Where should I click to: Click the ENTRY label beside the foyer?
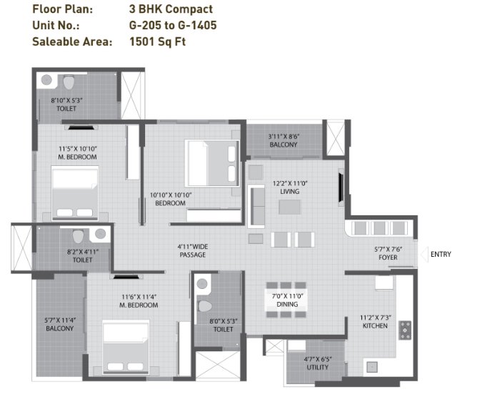441,254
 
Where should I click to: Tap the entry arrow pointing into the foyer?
424,255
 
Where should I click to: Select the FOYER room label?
388,258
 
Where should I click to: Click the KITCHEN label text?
375,326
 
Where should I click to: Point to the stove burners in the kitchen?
405,330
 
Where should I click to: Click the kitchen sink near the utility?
372,367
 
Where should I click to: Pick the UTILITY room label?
318,367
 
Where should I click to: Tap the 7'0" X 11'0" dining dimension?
287,296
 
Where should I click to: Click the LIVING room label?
290,192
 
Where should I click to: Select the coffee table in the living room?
290,207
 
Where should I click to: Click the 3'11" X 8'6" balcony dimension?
284,137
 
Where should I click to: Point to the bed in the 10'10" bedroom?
212,163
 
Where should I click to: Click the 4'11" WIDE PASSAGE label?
193,250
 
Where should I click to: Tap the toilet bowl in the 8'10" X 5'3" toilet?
69,82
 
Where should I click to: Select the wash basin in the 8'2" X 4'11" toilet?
101,234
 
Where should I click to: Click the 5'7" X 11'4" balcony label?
60,324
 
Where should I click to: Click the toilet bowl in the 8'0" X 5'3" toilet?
205,306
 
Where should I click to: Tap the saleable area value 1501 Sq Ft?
158,41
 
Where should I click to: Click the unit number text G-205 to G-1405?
173,25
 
